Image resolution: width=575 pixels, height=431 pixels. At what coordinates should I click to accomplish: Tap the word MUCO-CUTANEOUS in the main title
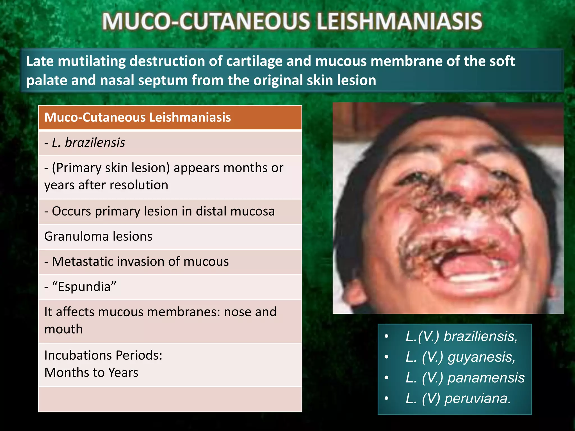tap(206, 21)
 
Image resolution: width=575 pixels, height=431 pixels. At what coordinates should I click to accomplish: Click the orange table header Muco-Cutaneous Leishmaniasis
tap(138, 117)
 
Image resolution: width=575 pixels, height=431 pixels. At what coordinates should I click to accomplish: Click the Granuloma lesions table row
tap(98, 237)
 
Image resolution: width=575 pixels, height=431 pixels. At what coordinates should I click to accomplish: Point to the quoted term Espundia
tap(84, 287)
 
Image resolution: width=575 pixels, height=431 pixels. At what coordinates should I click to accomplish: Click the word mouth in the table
tap(63, 329)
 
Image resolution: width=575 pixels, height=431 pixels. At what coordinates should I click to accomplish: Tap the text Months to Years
tap(91, 373)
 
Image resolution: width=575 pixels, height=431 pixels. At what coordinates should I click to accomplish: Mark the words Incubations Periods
tap(103, 355)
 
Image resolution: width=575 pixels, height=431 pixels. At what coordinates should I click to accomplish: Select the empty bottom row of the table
tap(170, 399)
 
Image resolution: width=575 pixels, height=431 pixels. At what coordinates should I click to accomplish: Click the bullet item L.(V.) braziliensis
tap(461, 336)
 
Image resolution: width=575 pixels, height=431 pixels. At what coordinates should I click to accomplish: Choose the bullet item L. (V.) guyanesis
tap(460, 357)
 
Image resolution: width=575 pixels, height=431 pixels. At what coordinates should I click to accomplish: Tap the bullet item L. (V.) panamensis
tap(465, 378)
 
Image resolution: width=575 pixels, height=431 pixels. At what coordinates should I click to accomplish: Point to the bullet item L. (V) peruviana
tap(458, 398)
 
